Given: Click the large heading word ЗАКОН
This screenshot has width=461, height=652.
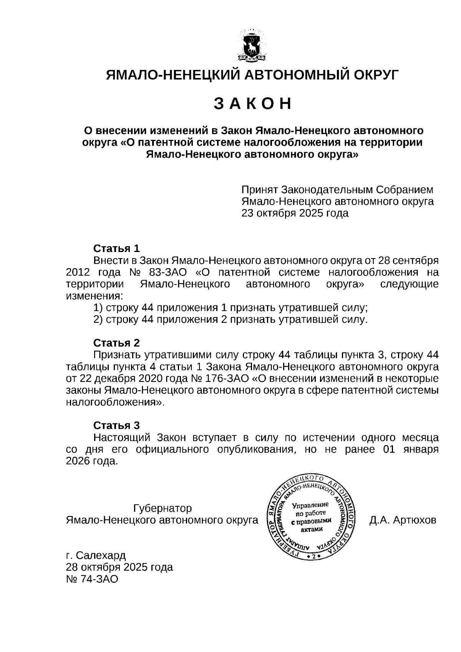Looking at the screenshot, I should (252, 104).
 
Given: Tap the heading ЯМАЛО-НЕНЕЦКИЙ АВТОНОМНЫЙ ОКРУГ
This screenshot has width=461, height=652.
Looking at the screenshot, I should (252, 75).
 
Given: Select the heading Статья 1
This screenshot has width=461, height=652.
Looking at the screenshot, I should (117, 248).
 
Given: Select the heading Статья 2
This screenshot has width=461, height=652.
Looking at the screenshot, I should (117, 343).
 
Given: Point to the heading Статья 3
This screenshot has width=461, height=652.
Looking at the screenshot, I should (117, 425).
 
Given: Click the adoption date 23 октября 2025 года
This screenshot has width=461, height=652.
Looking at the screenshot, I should (295, 213).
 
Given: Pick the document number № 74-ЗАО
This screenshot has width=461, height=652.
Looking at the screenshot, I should (92, 579).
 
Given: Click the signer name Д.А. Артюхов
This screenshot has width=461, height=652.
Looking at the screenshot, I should (403, 520).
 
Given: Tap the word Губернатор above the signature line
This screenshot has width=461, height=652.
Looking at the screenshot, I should (162, 508).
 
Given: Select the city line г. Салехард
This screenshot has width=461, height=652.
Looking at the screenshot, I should (96, 555).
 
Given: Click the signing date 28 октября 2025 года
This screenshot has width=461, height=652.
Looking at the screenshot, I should (119, 567).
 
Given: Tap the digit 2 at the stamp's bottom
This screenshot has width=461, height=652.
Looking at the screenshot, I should (313, 556).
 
